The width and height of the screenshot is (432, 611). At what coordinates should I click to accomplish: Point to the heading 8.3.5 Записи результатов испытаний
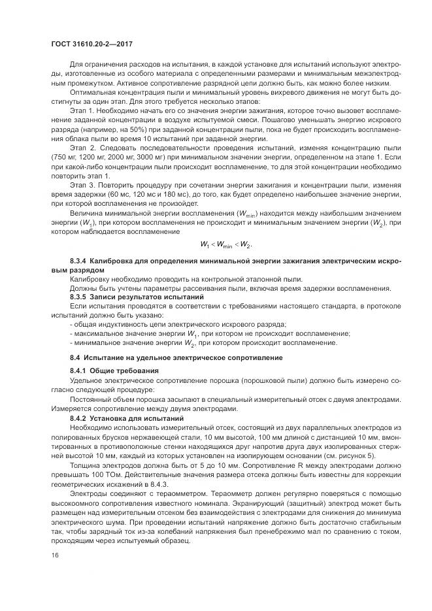120,297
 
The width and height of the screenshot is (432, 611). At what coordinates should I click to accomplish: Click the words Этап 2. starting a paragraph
83,148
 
